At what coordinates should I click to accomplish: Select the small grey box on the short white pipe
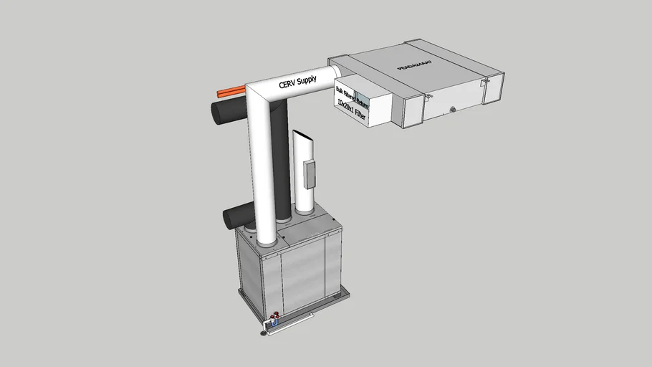pos(310,174)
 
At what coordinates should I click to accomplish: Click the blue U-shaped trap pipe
pos(274,325)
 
